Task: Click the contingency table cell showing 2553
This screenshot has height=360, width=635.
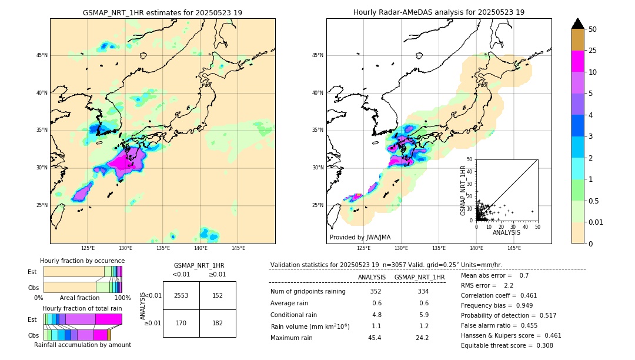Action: pyautogui.click(x=181, y=295)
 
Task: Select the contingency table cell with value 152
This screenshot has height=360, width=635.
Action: pyautogui.click(x=218, y=295)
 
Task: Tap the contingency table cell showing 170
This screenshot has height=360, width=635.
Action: pyautogui.click(x=181, y=323)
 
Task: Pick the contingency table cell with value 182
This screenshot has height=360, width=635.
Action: pyautogui.click(x=218, y=323)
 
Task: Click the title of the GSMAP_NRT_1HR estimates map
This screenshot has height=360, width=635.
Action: pyautogui.click(x=162, y=12)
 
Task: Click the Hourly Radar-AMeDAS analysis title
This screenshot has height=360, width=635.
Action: pyautogui.click(x=439, y=12)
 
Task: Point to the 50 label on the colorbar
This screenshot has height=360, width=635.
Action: pyautogui.click(x=593, y=29)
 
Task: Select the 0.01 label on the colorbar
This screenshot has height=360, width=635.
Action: pyautogui.click(x=596, y=222)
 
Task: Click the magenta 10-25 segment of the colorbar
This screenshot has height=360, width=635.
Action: pyautogui.click(x=577, y=61)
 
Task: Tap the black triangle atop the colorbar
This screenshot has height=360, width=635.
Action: pyautogui.click(x=577, y=24)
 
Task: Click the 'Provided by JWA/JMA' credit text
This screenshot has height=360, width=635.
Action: pyautogui.click(x=360, y=237)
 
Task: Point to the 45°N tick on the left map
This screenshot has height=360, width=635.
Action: pyautogui.click(x=42, y=55)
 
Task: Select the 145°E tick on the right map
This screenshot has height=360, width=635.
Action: pyautogui.click(x=514, y=248)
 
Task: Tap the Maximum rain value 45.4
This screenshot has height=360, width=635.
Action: pyautogui.click(x=375, y=338)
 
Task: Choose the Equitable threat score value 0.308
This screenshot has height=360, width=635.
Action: pyautogui.click(x=541, y=345)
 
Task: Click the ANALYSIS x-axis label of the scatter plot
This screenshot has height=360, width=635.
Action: pyautogui.click(x=506, y=232)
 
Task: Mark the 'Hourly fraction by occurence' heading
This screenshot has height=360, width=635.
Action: pyautogui.click(x=82, y=261)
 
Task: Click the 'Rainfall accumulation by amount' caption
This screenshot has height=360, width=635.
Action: pyautogui.click(x=82, y=345)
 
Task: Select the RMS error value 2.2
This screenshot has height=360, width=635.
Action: pyautogui.click(x=509, y=285)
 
